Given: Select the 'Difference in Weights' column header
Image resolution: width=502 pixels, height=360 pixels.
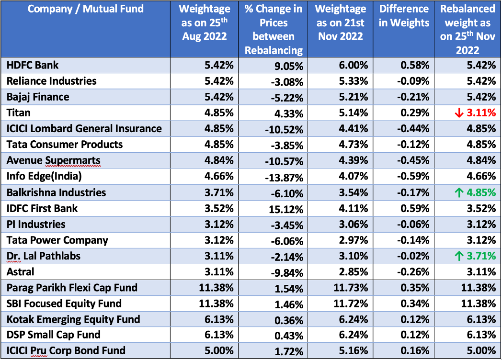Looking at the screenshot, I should (x=404, y=16).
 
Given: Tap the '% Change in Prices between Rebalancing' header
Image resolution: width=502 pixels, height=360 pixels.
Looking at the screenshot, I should (x=274, y=29).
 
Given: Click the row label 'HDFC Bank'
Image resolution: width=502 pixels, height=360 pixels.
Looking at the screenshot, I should (x=33, y=65).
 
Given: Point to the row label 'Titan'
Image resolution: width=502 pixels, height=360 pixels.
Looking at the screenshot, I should (x=19, y=112).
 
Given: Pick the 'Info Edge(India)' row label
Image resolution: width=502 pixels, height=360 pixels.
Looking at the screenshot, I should (x=44, y=176).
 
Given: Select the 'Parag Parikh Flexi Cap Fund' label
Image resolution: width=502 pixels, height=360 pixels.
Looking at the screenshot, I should (x=72, y=288).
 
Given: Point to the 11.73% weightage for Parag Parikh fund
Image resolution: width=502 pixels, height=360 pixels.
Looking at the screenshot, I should (x=352, y=288).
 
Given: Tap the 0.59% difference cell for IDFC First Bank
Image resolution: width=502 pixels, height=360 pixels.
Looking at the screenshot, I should (x=415, y=209).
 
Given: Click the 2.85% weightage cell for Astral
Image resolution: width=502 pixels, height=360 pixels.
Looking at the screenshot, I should (x=354, y=272).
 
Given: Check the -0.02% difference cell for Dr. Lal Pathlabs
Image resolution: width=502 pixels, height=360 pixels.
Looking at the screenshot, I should (x=413, y=256).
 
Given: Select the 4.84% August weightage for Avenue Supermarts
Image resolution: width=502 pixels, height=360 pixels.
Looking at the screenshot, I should (x=219, y=160).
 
